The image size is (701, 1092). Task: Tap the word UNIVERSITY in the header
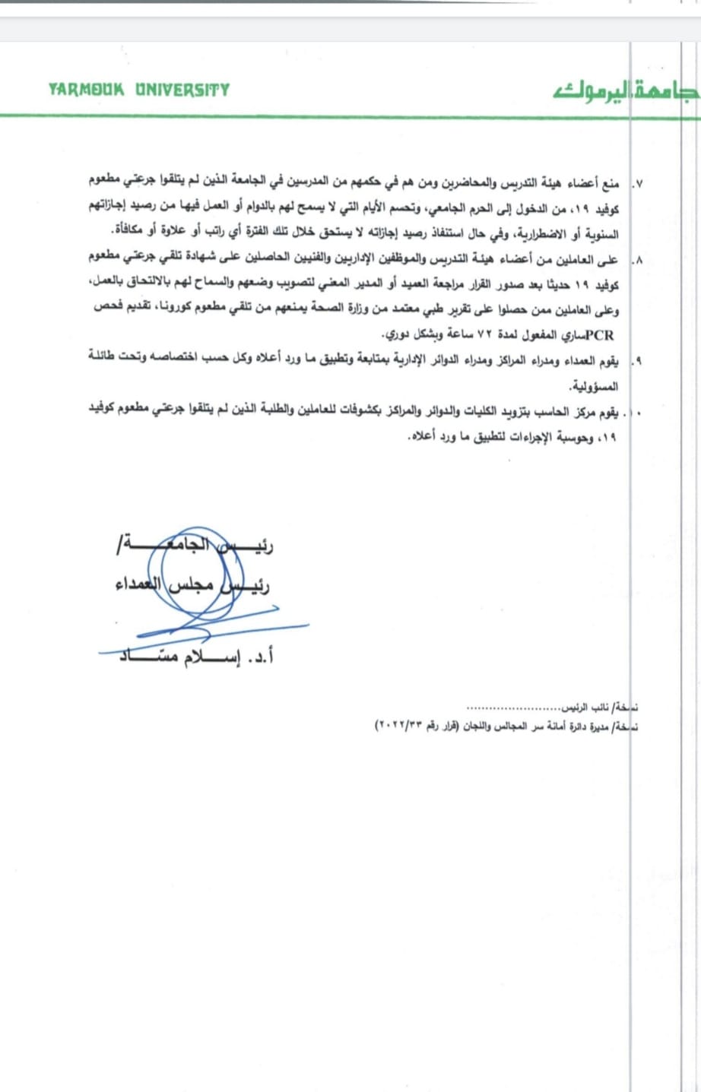click(x=182, y=90)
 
